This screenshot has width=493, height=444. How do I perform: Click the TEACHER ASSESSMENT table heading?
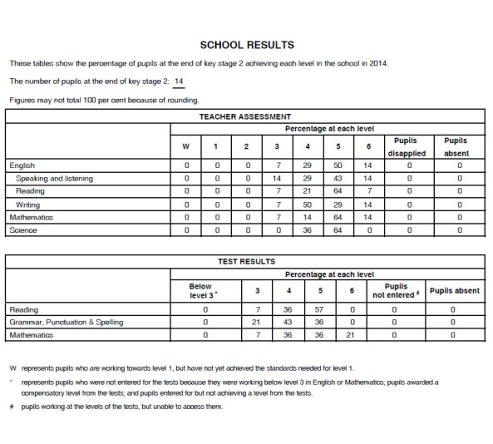(247, 117)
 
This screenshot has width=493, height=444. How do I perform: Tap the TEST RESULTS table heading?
(246, 261)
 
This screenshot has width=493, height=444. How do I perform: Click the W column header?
(185, 147)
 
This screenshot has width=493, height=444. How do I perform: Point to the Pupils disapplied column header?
(407, 147)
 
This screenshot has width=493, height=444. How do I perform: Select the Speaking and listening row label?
(55, 178)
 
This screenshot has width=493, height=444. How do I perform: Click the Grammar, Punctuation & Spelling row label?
(66, 322)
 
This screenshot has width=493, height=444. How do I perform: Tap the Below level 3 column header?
(202, 290)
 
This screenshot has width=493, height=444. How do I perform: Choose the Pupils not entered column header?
(396, 290)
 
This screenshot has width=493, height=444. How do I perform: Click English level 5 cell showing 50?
(338, 165)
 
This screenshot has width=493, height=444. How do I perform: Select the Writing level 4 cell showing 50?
(308, 203)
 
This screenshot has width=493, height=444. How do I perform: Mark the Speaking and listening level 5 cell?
(338, 178)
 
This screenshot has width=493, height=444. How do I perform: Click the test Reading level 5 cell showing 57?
(318, 309)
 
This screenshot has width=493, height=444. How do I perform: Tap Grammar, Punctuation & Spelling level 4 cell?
(288, 322)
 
